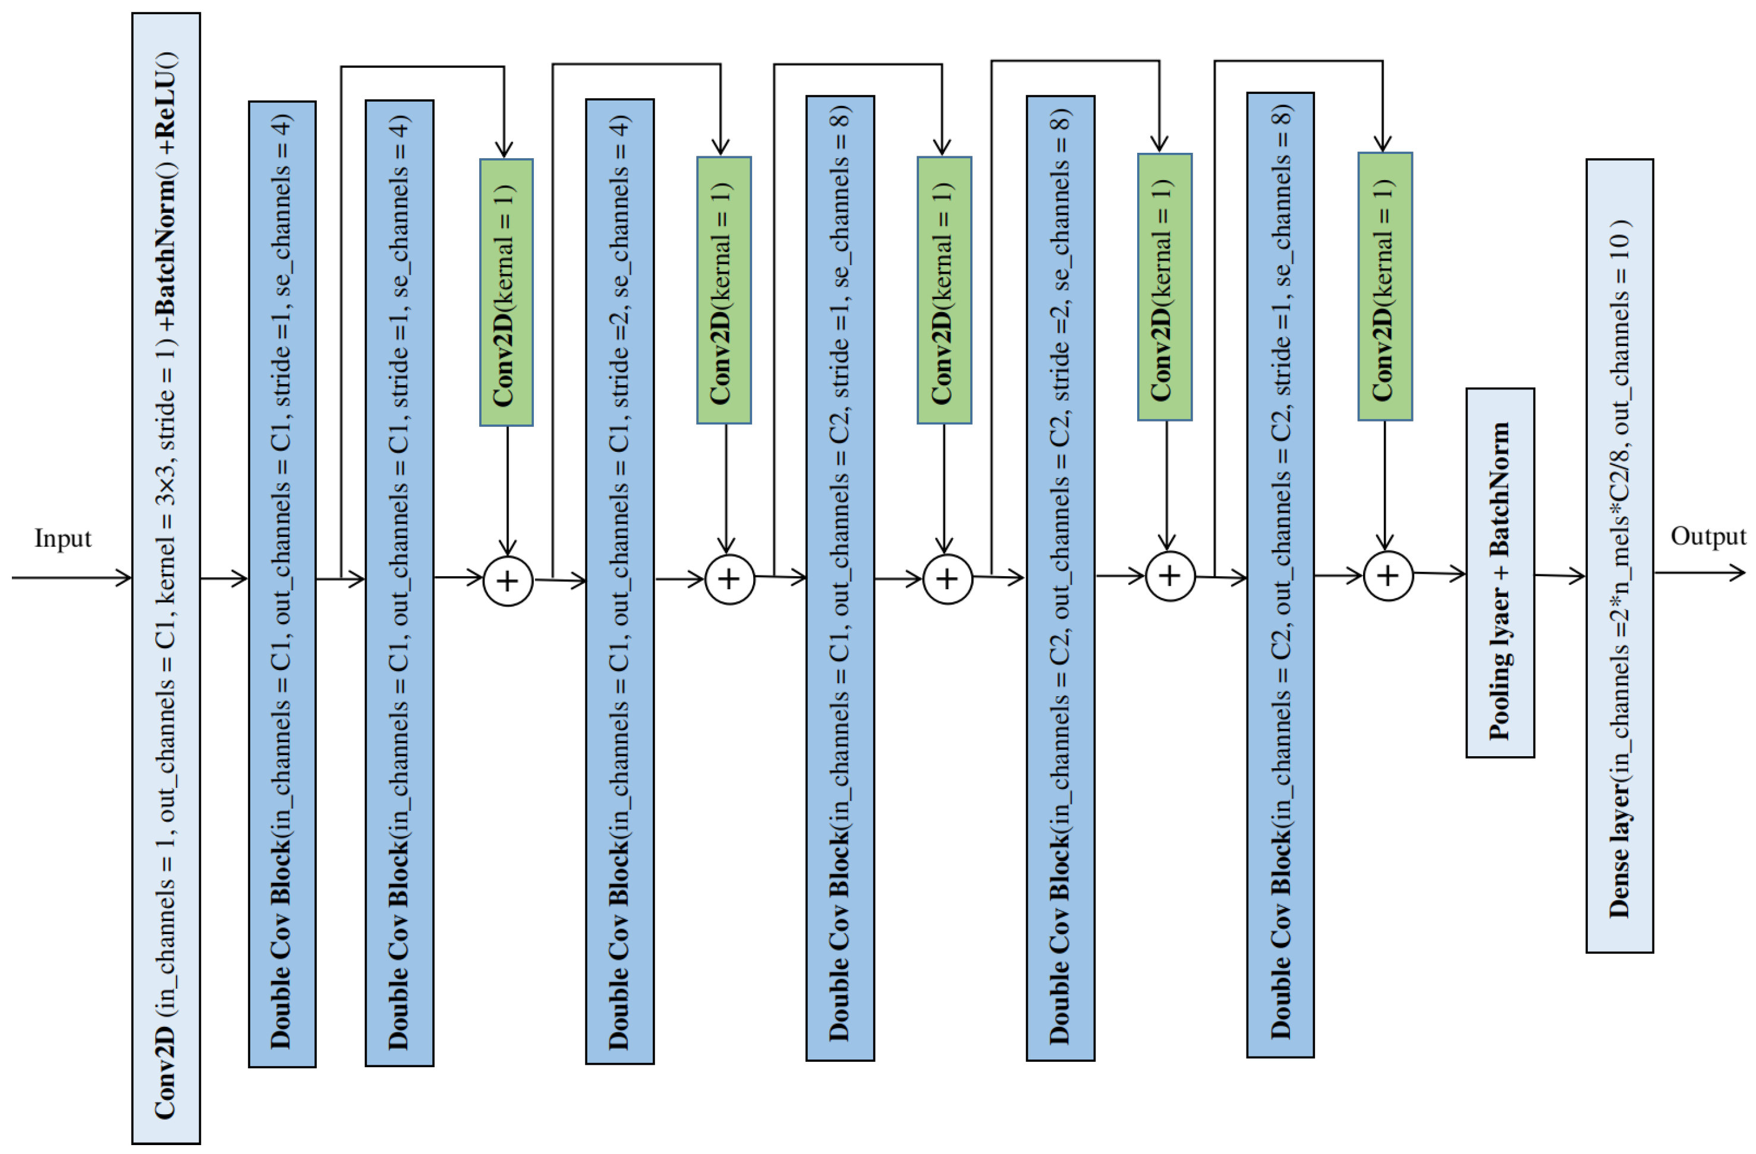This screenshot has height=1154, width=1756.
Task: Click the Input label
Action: coord(63,539)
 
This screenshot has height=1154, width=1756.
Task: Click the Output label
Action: coord(1707,536)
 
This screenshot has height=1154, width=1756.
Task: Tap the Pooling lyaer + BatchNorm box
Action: coord(1500,573)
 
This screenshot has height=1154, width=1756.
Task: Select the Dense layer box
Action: coord(1619,556)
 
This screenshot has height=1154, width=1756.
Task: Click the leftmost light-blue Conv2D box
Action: coord(166,578)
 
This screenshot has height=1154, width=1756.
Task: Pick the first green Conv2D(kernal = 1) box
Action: coord(506,292)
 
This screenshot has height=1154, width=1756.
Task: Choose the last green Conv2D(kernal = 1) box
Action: coord(1385,287)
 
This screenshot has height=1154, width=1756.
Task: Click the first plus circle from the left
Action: coord(508,581)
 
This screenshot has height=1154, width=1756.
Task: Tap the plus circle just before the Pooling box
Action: coord(1388,576)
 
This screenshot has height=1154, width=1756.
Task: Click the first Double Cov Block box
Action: coord(282,584)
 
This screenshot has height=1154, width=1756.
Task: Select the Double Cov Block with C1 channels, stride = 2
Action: coord(620,581)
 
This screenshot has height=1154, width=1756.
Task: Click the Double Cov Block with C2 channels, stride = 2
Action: coord(1060,578)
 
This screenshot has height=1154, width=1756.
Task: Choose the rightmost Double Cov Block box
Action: coord(1280,576)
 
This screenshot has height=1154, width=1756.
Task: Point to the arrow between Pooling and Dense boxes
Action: coord(1560,576)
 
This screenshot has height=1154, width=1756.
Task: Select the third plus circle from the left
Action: coord(948,579)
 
